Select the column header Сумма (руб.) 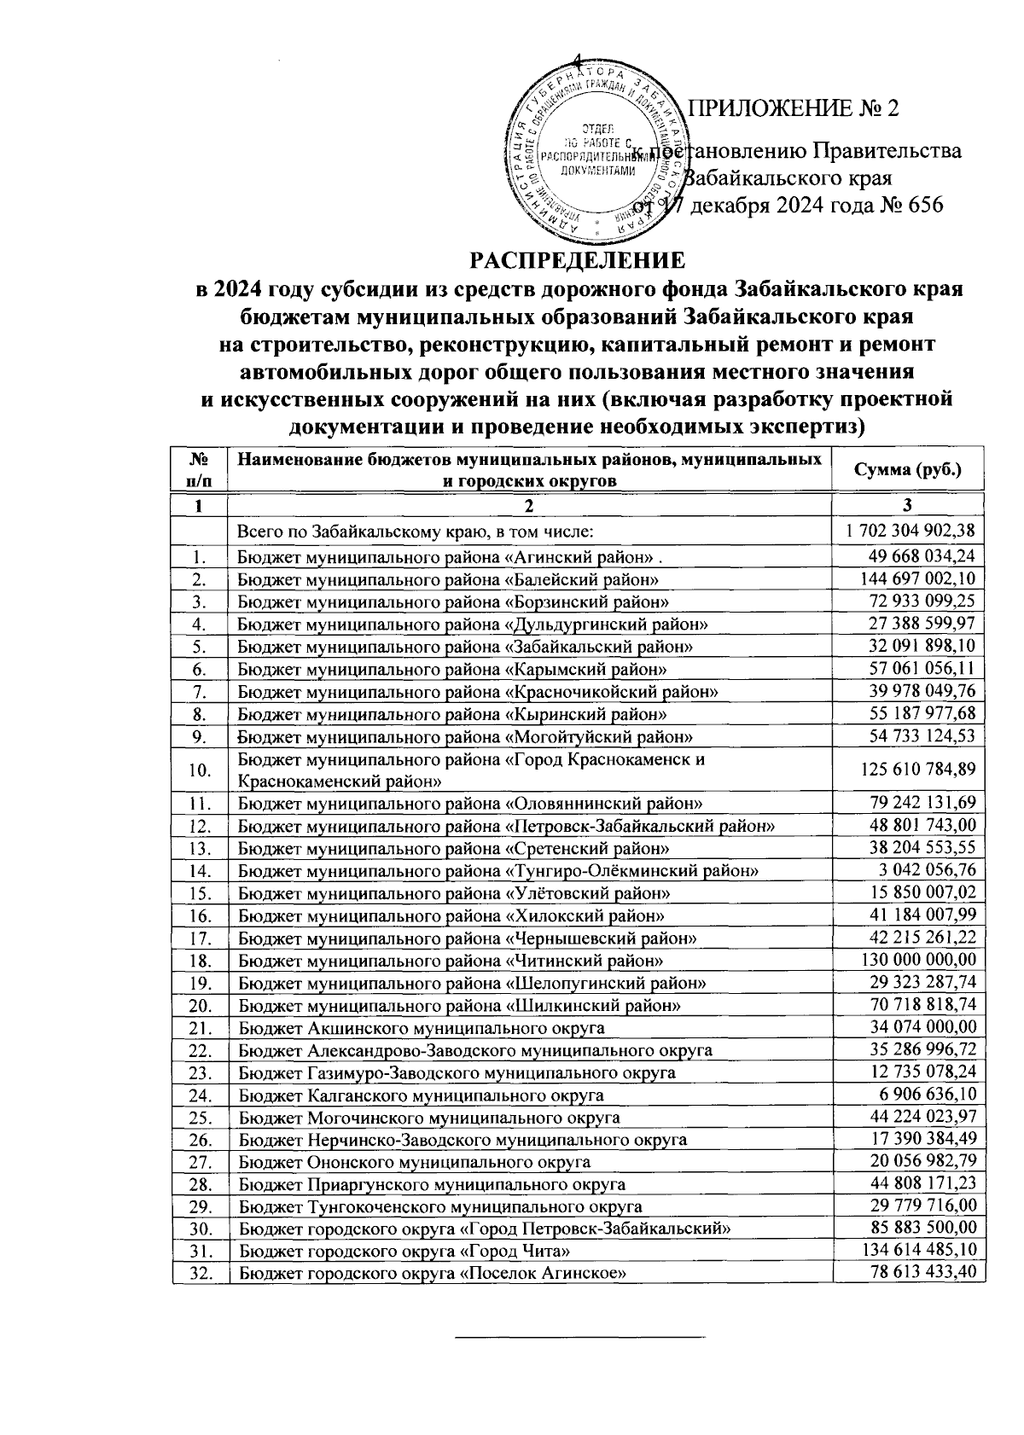coord(909,470)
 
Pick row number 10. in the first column coord(200,770)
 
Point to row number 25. coord(200,1118)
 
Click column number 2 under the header coord(530,506)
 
